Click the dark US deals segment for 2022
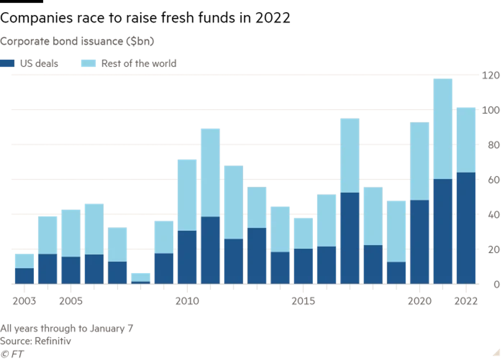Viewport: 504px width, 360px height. tap(466, 228)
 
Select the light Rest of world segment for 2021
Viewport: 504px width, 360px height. tap(443, 128)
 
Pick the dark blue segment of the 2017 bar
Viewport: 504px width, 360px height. tap(350, 238)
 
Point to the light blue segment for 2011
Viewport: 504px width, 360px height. tap(210, 172)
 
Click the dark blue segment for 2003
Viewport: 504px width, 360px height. tap(24, 276)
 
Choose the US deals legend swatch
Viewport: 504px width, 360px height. tap(8, 64)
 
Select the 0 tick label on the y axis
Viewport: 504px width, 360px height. tap(496, 285)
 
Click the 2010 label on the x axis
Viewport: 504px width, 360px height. tap(187, 301)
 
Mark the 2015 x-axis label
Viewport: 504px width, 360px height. tap(303, 301)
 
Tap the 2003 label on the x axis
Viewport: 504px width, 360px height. tap(24, 301)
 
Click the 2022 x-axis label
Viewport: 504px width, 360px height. tap(466, 301)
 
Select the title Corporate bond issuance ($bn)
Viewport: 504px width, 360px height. tap(77, 41)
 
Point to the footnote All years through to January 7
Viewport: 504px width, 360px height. tap(66, 328)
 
